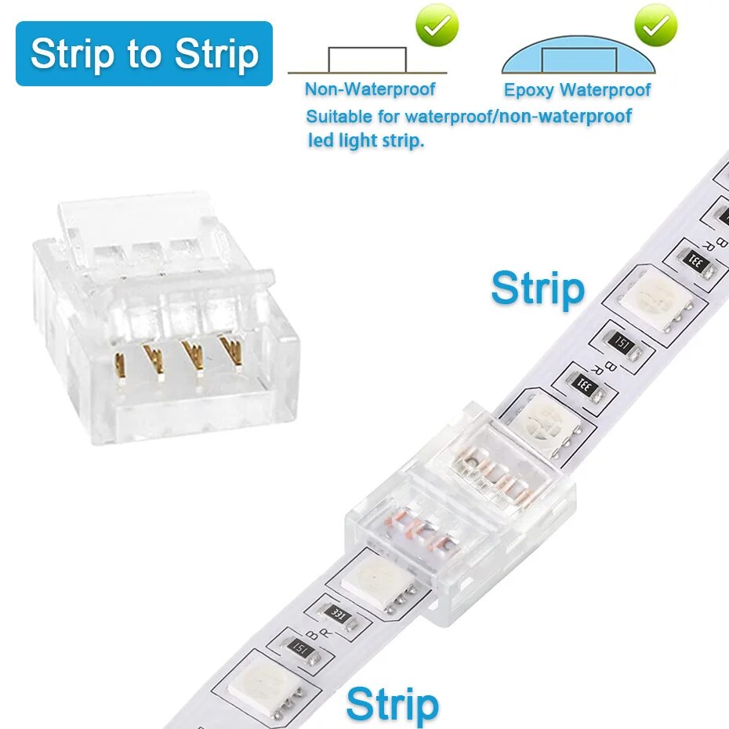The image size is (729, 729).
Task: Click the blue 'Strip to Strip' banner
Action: tap(144, 53)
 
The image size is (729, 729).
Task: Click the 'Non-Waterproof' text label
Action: tap(370, 89)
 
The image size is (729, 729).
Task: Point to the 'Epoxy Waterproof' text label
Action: tap(577, 90)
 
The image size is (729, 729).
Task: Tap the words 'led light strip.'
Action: tap(365, 142)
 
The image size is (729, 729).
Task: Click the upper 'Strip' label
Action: tap(538, 289)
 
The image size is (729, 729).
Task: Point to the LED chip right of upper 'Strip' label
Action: tap(651, 296)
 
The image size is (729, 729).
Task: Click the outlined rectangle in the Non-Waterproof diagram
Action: tap(367, 60)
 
